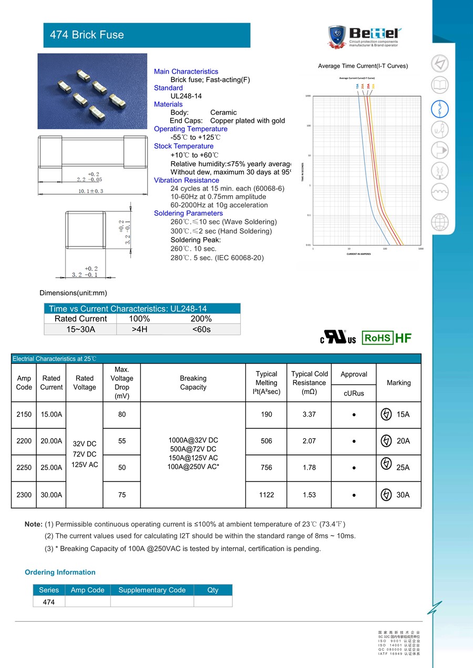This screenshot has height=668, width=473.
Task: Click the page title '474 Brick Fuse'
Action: (87, 35)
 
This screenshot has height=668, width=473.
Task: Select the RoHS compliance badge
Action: (377, 338)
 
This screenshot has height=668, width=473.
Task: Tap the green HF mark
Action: (403, 338)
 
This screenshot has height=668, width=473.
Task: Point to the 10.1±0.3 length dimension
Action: (91, 191)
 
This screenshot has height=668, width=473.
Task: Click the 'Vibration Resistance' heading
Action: (187, 181)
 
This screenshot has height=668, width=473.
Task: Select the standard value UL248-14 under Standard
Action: (186, 96)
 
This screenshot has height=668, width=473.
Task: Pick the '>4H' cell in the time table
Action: (139, 330)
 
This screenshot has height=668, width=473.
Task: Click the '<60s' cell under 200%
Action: (201, 330)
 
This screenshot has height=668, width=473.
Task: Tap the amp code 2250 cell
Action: (24, 468)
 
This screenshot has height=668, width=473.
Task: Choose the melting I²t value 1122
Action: (266, 495)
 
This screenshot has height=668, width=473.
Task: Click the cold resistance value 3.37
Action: (309, 415)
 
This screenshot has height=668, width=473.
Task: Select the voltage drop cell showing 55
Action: (122, 441)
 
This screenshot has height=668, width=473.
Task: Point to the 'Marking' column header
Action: (398, 383)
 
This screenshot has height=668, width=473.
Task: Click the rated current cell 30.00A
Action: (52, 495)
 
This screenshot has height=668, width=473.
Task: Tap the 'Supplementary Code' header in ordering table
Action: (152, 590)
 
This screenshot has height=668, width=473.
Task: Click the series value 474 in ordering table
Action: (48, 602)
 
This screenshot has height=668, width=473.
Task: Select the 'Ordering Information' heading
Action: (60, 572)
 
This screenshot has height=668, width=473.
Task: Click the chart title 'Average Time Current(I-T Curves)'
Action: (363, 66)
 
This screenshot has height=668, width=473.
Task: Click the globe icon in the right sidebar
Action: (440, 222)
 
